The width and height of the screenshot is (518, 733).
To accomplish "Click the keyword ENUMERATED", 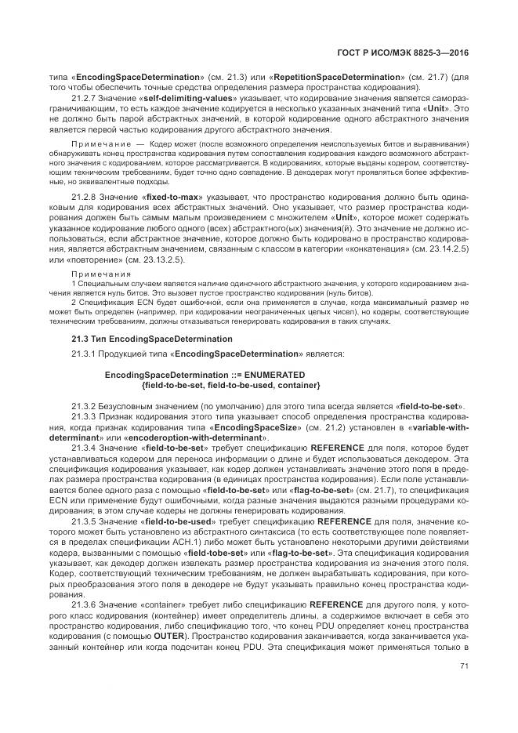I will tap(266, 376).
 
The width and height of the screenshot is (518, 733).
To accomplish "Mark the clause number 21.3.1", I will tap(86, 355).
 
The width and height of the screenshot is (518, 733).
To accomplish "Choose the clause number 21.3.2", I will tap(86, 406).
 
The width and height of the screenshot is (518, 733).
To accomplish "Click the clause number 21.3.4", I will tap(86, 445).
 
